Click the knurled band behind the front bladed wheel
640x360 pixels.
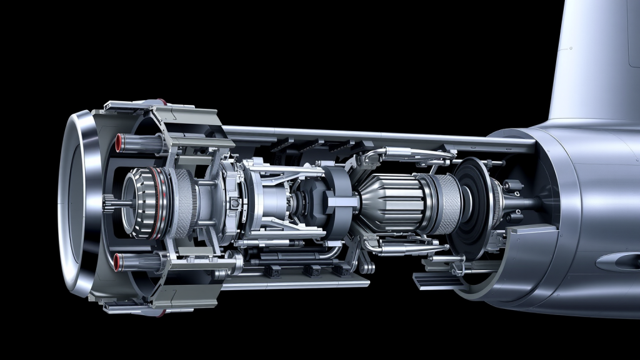point(184,202)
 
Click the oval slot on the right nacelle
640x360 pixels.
point(616,261)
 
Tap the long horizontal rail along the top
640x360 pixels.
point(375,136)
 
